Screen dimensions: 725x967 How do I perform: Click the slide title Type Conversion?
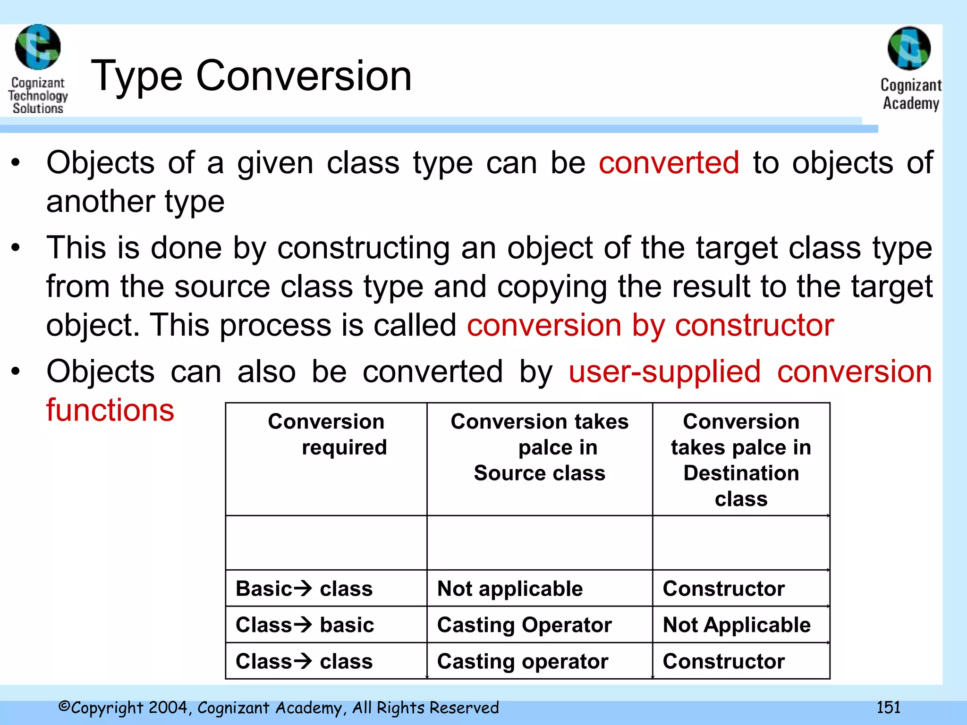click(251, 76)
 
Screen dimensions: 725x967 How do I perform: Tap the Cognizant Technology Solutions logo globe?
click(38, 47)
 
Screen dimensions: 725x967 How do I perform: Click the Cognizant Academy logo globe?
click(909, 49)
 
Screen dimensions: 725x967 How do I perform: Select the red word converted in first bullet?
click(669, 163)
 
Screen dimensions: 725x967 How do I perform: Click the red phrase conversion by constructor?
click(650, 326)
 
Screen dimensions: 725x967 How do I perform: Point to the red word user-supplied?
click(664, 372)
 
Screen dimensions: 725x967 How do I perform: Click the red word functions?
click(110, 410)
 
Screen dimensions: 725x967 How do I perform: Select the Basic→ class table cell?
click(304, 589)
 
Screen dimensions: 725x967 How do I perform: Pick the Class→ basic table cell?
click(305, 625)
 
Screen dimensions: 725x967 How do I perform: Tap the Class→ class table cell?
click(304, 661)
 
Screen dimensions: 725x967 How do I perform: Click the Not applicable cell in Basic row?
click(510, 589)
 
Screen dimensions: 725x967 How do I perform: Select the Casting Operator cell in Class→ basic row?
click(524, 625)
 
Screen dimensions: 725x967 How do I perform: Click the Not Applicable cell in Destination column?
click(737, 625)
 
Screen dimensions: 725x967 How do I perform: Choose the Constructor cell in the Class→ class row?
click(723, 661)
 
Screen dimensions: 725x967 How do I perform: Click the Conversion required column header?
click(326, 434)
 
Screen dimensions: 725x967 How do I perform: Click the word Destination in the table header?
click(741, 473)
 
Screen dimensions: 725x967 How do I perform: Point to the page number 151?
click(888, 707)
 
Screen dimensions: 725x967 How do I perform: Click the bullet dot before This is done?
click(16, 247)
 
